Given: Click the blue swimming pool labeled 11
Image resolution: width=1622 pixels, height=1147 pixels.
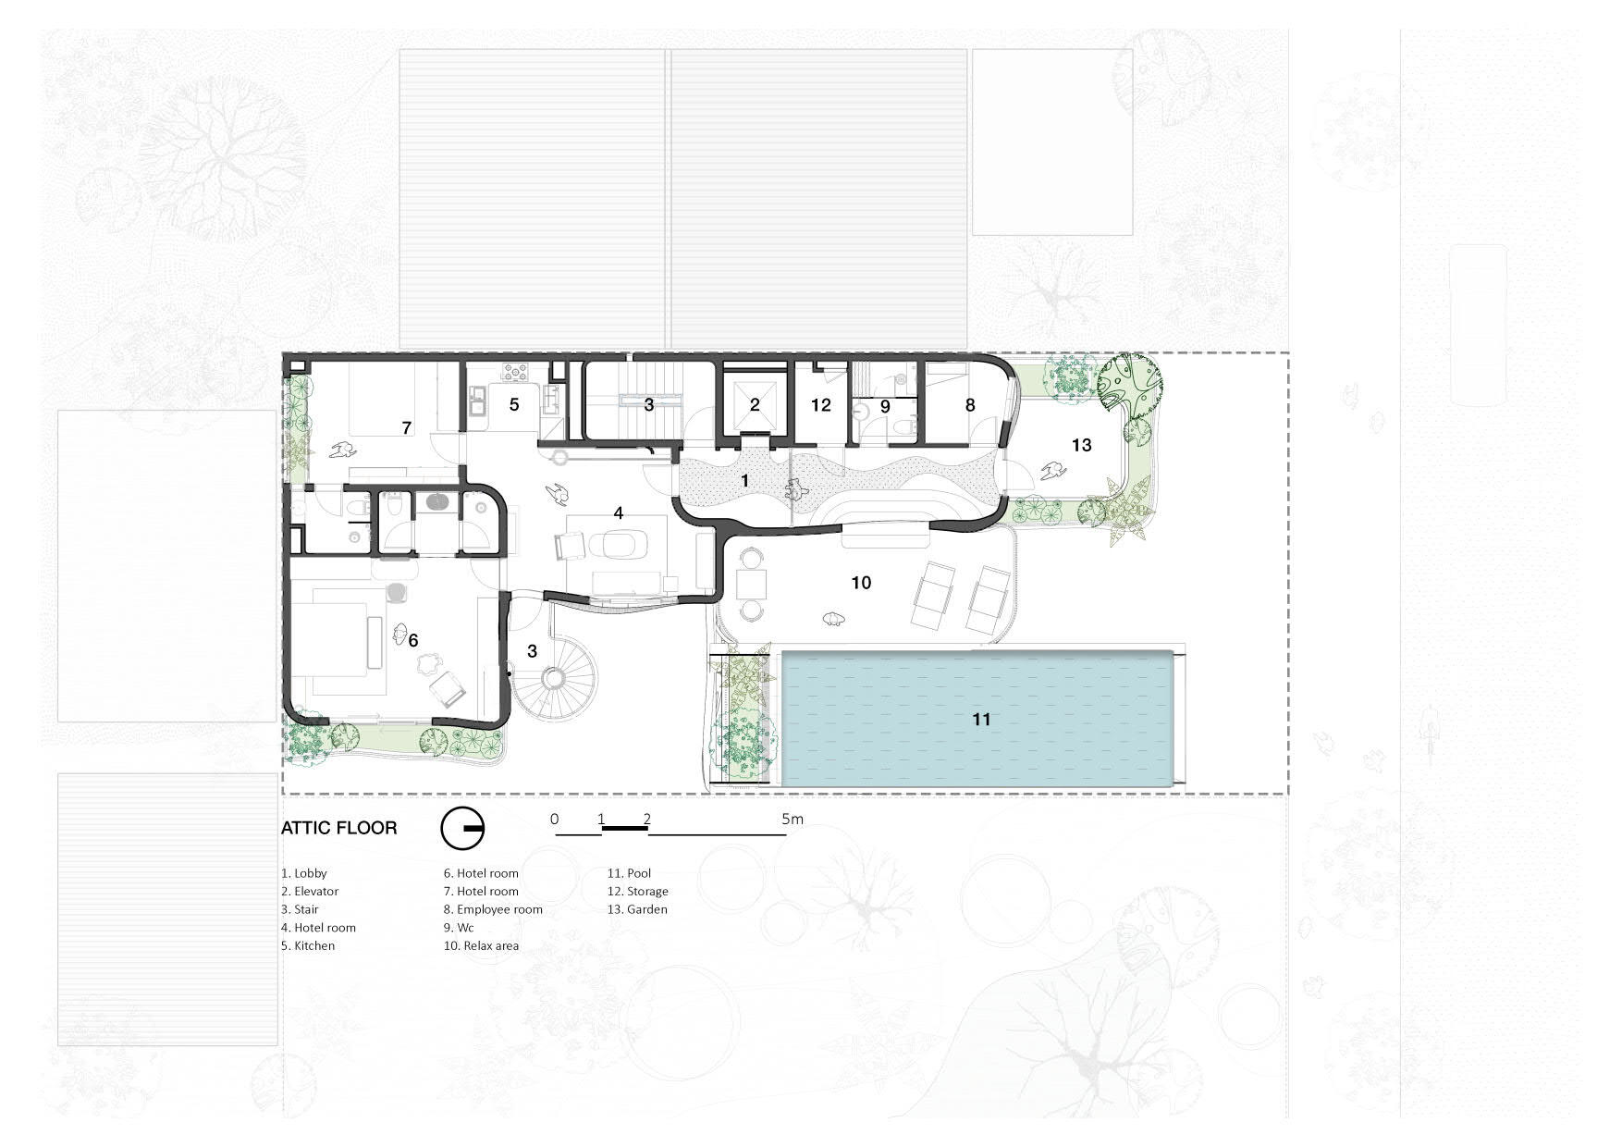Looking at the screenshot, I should pos(982,719).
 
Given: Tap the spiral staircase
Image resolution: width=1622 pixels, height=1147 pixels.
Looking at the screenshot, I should pos(553,680).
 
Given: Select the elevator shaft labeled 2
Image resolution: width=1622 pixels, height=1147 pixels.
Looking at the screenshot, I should pos(755,403).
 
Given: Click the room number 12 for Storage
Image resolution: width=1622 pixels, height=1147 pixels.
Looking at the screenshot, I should pos(821,405).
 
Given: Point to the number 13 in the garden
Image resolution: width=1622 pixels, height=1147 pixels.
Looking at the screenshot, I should pos(1081,445).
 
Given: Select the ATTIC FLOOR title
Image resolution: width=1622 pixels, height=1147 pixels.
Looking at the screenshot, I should pos(339,828).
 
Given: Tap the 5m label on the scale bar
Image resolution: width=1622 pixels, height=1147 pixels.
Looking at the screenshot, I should pos(793,819).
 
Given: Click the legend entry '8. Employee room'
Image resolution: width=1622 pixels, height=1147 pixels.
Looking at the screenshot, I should pos(493,909).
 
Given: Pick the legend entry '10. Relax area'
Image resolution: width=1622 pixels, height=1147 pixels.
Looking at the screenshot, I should pos(481,945).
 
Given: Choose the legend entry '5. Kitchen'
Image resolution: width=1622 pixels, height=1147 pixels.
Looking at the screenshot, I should pos(308,945).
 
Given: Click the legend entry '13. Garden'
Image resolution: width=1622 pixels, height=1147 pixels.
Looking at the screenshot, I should pos(637,909).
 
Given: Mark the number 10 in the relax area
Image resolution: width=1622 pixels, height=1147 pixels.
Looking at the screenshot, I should pos(861,583).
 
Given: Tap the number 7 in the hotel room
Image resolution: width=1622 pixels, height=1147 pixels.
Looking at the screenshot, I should pos(406,427).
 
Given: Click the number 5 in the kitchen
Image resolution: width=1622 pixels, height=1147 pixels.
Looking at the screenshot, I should pos(514,404).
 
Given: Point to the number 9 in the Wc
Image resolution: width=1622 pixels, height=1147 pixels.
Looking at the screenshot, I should pos(885,405).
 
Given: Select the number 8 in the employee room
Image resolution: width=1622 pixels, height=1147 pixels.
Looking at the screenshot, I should pos(970,405).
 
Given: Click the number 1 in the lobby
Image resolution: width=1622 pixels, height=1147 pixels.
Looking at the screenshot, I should pos(745,481).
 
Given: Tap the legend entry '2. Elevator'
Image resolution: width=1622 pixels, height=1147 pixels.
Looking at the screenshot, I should pos(310,891).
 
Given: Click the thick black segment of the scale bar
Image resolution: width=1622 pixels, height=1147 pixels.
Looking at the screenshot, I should pos(625,829).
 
